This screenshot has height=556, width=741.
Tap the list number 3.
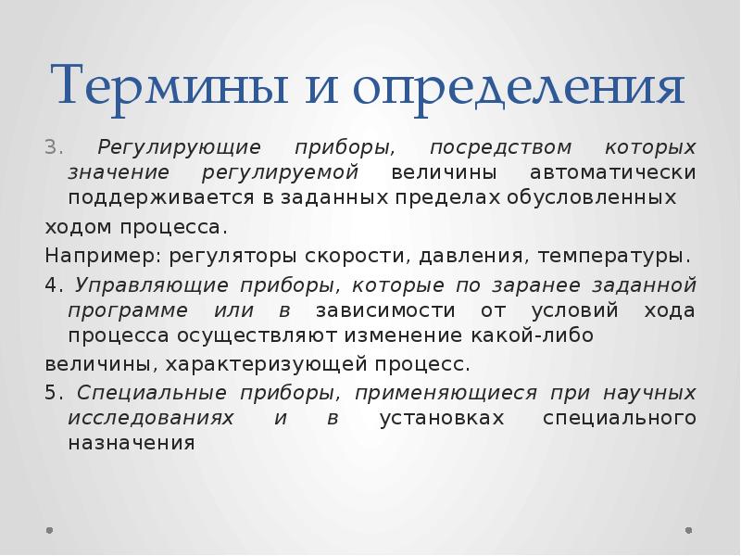click(52, 148)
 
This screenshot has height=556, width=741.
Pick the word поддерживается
click(147, 198)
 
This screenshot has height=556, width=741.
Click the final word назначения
click(131, 442)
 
